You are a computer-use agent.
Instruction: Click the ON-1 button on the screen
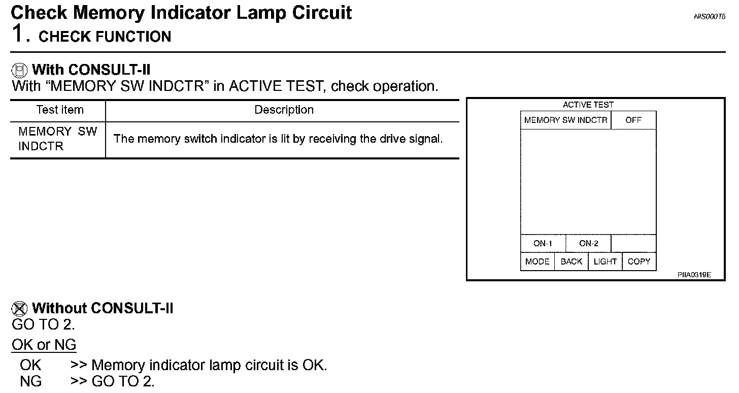pyautogui.click(x=543, y=243)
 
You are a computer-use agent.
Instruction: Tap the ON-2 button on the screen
pyautogui.click(x=588, y=243)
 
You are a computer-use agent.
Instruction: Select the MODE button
pyautogui.click(x=537, y=261)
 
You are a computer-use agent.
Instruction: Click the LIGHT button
pyautogui.click(x=605, y=261)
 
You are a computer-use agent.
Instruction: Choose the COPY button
pyautogui.click(x=639, y=261)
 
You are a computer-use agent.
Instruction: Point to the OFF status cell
pyautogui.click(x=633, y=120)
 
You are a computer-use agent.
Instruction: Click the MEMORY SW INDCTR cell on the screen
pyautogui.click(x=565, y=120)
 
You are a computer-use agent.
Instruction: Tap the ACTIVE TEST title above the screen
pyautogui.click(x=588, y=105)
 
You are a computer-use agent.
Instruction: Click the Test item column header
pyautogui.click(x=59, y=110)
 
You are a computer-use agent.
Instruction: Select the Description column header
pyautogui.click(x=284, y=110)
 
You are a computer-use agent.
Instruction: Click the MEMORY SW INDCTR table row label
pyautogui.click(x=57, y=139)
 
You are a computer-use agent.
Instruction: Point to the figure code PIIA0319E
pyautogui.click(x=694, y=275)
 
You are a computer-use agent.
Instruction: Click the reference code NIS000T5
pyautogui.click(x=709, y=17)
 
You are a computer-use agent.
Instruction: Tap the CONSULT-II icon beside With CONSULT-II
pyautogui.click(x=20, y=70)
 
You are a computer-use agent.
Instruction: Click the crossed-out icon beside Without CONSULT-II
pyautogui.click(x=20, y=308)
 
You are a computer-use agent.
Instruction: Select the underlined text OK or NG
pyautogui.click(x=44, y=345)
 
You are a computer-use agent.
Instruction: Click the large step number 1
pyautogui.click(x=17, y=35)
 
